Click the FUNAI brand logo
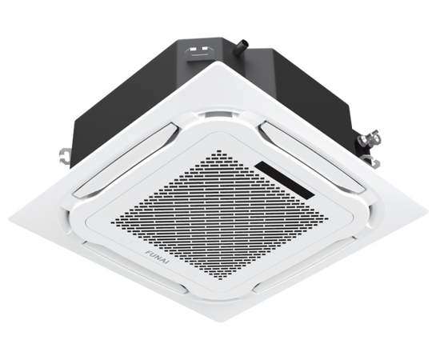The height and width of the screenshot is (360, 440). coord(158,257)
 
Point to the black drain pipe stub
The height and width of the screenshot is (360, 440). coord(242,48)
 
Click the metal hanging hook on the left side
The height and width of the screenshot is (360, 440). coord(65,155)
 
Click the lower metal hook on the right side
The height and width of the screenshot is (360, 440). coord(371,161)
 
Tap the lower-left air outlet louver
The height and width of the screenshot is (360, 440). coord(134,267)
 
